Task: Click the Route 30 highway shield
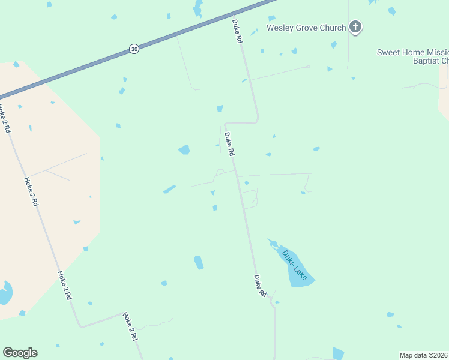coord(134,49)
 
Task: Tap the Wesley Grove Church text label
coord(306,28)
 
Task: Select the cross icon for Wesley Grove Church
coord(355,26)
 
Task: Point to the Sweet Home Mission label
coord(413,52)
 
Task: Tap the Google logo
coord(20,353)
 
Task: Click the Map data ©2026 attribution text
coord(424,355)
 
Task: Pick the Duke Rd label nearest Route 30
coord(237,31)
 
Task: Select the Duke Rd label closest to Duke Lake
coord(259,286)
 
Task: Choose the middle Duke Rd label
coord(229,144)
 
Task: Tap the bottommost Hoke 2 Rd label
coord(130,326)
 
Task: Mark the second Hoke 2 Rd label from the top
coord(31,191)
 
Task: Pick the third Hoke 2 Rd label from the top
coord(65,285)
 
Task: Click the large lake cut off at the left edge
coord(5,293)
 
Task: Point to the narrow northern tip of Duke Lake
coord(272,242)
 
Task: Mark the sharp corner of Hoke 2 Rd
coord(81,326)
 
